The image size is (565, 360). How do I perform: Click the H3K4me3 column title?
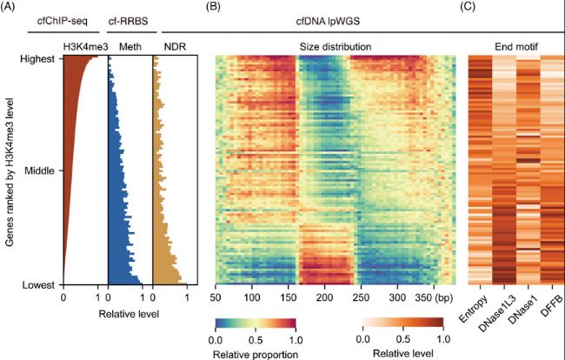[83, 45]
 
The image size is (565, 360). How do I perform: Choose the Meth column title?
[128, 45]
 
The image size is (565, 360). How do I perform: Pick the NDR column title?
[175, 45]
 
